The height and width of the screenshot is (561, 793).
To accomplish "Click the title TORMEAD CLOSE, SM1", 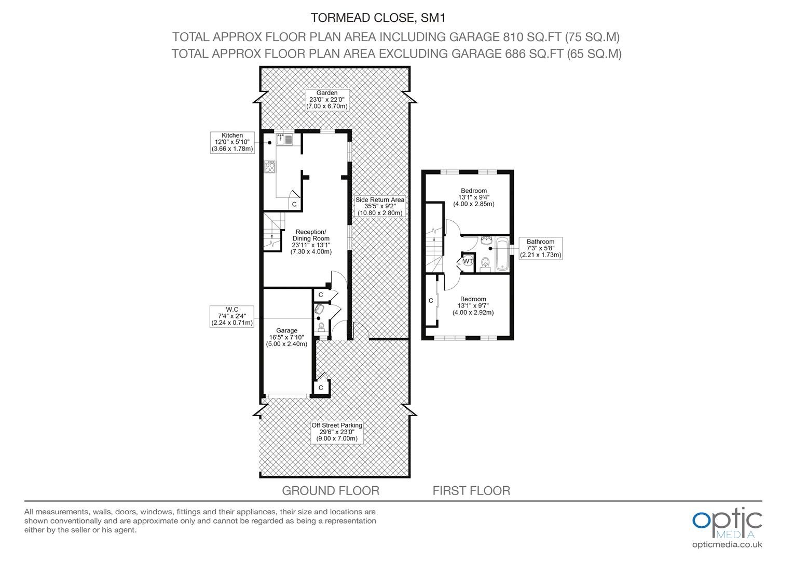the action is [378, 18].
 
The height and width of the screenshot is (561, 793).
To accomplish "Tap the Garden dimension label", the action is [327, 100].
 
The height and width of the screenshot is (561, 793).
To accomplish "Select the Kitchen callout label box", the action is [232, 142].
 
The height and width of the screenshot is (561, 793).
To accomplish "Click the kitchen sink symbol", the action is [284, 139].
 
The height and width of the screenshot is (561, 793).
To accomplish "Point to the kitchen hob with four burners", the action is [270, 167].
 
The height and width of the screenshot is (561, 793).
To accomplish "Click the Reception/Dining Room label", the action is [311, 242].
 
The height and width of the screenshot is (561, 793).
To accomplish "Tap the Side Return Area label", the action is [380, 206].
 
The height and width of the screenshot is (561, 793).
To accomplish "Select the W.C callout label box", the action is [232, 316].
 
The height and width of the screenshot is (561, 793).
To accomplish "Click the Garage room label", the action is [287, 337].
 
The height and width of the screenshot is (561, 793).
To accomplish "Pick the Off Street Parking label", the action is [337, 432].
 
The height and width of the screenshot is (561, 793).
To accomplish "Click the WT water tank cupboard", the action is [468, 261].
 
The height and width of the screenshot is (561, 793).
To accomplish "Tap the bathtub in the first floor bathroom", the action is [502, 253].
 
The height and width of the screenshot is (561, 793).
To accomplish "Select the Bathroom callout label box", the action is [541, 248].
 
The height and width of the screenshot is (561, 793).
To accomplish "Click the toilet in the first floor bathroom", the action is [485, 264].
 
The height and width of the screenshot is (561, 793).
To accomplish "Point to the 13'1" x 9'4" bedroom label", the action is [474, 197].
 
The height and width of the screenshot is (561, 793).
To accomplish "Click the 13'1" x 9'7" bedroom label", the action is [473, 305].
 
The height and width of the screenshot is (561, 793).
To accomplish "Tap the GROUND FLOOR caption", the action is [331, 490].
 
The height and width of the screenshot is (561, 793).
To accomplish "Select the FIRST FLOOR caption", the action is [471, 490].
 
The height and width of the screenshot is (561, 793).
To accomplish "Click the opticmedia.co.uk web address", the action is [727, 545].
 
